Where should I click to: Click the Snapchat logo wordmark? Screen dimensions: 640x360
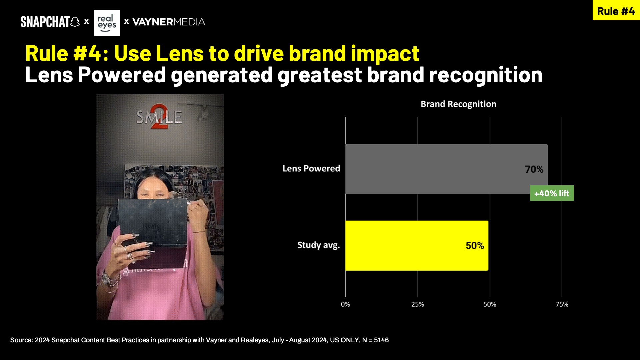pyautogui.click(x=50, y=22)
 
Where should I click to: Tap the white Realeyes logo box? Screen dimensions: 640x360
pyautogui.click(x=107, y=23)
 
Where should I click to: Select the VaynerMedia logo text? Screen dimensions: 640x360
pyautogui.click(x=169, y=22)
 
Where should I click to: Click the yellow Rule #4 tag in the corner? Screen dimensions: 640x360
pyautogui.click(x=616, y=10)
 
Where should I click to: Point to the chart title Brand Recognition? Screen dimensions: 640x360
pyautogui.click(x=458, y=104)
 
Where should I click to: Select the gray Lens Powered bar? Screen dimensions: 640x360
pyautogui.click(x=446, y=169)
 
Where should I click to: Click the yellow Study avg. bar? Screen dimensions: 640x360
pyautogui.click(x=417, y=245)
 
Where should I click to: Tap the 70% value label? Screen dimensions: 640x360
pyautogui.click(x=534, y=169)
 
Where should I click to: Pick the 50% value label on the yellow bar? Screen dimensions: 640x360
pyautogui.click(x=475, y=246)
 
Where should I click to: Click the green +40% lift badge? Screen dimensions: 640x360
pyautogui.click(x=552, y=193)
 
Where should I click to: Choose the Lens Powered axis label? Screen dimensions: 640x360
pyautogui.click(x=311, y=168)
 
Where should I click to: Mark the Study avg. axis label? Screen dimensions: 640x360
pyautogui.click(x=319, y=245)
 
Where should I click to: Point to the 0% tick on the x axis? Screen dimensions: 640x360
pyautogui.click(x=345, y=304)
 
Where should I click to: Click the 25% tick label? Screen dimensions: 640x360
pyautogui.click(x=418, y=304)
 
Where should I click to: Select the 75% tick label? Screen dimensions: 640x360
pyautogui.click(x=562, y=304)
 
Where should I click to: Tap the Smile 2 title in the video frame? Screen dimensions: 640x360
pyautogui.click(x=159, y=117)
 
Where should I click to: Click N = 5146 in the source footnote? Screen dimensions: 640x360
pyautogui.click(x=375, y=340)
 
